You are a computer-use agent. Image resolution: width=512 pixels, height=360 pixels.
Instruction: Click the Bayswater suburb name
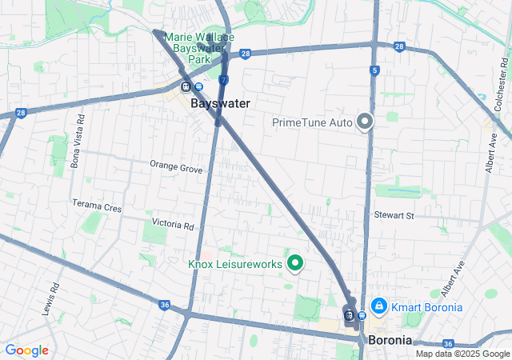[220, 103]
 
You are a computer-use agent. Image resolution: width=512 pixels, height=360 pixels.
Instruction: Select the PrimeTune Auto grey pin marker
[366, 122]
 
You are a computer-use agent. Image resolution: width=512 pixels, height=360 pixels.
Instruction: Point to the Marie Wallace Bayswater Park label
[199, 48]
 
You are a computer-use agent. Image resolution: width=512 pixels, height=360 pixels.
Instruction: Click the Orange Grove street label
[176, 166]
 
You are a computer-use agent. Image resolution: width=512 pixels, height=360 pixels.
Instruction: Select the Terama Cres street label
[97, 206]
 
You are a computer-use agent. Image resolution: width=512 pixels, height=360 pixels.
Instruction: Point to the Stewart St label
[394, 215]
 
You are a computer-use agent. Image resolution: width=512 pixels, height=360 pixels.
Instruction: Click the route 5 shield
[374, 71]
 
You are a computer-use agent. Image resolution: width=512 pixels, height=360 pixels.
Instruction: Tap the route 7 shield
[224, 80]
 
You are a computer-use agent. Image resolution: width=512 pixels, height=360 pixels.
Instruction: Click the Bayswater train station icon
[186, 87]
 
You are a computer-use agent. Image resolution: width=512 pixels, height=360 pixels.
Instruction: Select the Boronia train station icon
[350, 314]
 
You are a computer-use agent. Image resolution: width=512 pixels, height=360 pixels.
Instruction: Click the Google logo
[26, 350]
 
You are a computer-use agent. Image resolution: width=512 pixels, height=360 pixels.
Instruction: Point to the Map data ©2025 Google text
[462, 354]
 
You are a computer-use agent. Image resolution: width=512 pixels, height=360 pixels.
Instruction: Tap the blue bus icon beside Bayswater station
[197, 87]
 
